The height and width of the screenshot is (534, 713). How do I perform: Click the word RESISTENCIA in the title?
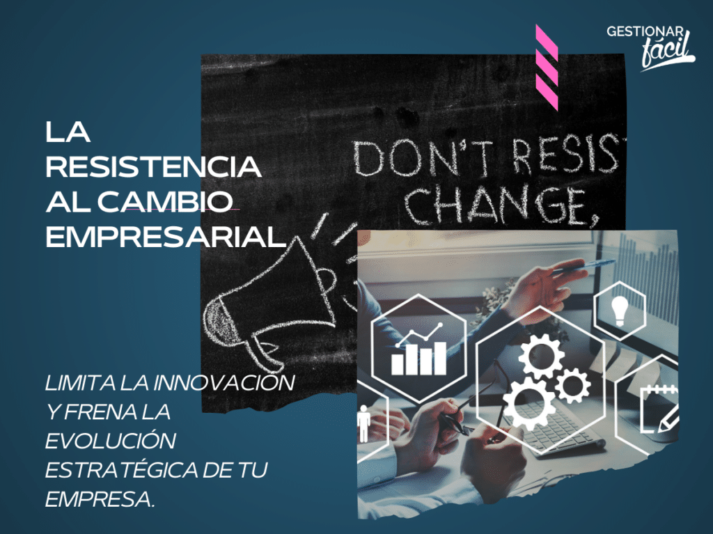154,166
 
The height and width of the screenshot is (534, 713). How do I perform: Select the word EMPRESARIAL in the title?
166,237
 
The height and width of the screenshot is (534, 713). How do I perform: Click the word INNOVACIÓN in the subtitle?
224,382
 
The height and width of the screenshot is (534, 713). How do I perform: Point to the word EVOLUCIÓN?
111,440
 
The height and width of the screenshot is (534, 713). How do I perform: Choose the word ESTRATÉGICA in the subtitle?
121,470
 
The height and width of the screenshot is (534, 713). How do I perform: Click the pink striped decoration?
547,68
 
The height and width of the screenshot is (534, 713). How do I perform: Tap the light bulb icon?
619,311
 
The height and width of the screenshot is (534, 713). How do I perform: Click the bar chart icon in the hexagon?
418,350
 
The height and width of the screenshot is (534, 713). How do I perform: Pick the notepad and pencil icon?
660,409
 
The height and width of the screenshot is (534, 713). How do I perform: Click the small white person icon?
363,424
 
